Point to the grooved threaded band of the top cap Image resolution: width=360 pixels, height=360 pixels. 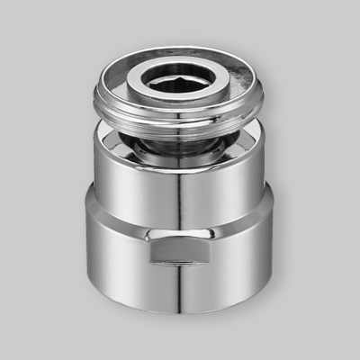click(180, 126)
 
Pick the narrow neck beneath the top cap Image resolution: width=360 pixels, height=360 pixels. click(180, 144)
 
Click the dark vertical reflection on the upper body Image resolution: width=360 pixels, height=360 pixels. click(180, 193)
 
